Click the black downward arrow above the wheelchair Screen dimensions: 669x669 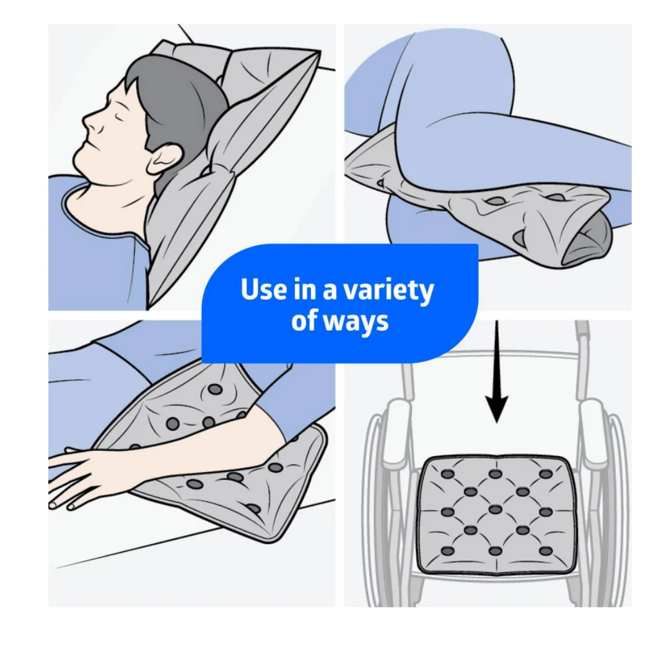497,372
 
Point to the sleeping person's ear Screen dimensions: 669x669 165,159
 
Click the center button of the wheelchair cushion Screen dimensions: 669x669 496,509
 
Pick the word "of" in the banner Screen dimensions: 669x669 304,320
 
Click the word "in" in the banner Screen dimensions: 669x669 305,289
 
